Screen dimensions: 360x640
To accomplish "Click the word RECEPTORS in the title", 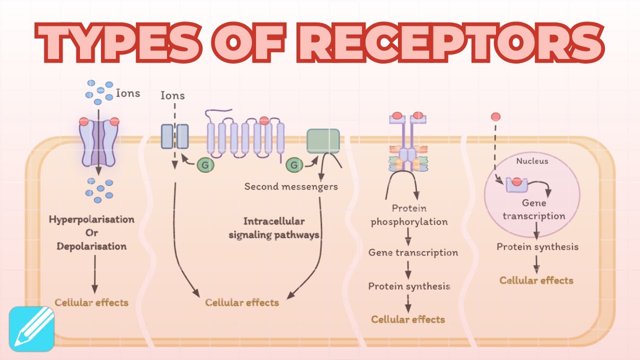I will (x=452, y=42).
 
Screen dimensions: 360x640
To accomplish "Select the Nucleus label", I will (x=531, y=161).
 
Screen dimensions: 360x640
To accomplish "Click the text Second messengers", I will (x=291, y=186).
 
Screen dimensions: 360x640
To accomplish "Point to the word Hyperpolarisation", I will (x=91, y=219).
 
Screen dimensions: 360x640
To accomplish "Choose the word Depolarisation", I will (x=91, y=246).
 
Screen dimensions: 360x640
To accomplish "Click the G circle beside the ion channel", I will (x=203, y=164).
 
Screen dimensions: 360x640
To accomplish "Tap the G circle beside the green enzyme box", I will (x=293, y=164).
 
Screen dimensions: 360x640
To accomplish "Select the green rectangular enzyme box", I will (x=323, y=140).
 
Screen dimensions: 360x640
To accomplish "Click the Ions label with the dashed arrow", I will (x=172, y=95).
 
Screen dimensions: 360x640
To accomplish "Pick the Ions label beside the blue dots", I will (x=128, y=93).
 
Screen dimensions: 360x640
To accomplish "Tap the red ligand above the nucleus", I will (x=495, y=117).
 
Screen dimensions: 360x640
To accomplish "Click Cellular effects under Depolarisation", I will (x=91, y=302).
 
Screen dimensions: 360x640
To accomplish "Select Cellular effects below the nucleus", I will (x=536, y=280).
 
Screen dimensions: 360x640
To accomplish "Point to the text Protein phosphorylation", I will (x=409, y=215).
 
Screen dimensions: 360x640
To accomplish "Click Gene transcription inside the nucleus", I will (x=534, y=210).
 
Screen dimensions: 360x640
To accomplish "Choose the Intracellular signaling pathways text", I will (x=274, y=228).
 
